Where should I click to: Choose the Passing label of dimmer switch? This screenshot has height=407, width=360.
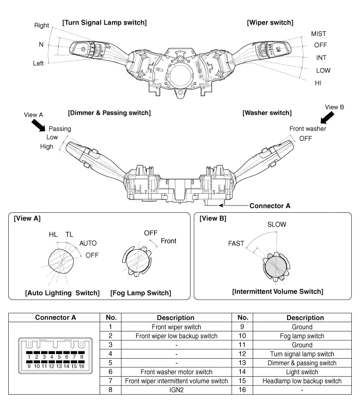point(60,128)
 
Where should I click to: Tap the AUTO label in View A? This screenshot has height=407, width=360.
point(88,243)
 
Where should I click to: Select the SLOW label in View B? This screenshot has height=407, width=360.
point(277,225)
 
